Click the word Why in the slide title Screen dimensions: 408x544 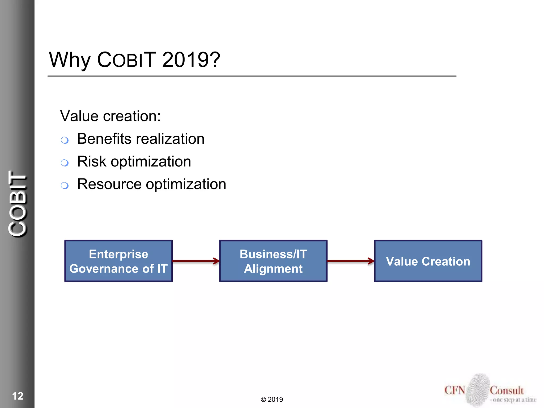70,60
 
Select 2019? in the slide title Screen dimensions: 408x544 191,59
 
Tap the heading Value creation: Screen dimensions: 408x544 110,116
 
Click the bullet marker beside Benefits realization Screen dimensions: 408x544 65,140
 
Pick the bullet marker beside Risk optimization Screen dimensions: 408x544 65,163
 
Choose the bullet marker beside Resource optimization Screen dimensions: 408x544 65,185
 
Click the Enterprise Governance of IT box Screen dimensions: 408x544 118,261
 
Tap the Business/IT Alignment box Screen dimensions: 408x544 273,261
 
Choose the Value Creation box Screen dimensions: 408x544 428,261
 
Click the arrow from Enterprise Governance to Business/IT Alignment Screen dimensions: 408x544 196,261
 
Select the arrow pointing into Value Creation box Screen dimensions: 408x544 351,261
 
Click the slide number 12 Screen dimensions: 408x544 18,396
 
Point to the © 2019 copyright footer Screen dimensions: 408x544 272,399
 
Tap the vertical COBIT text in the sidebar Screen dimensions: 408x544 18,204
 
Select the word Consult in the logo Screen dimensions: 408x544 507,390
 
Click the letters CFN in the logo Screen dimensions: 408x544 455,390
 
